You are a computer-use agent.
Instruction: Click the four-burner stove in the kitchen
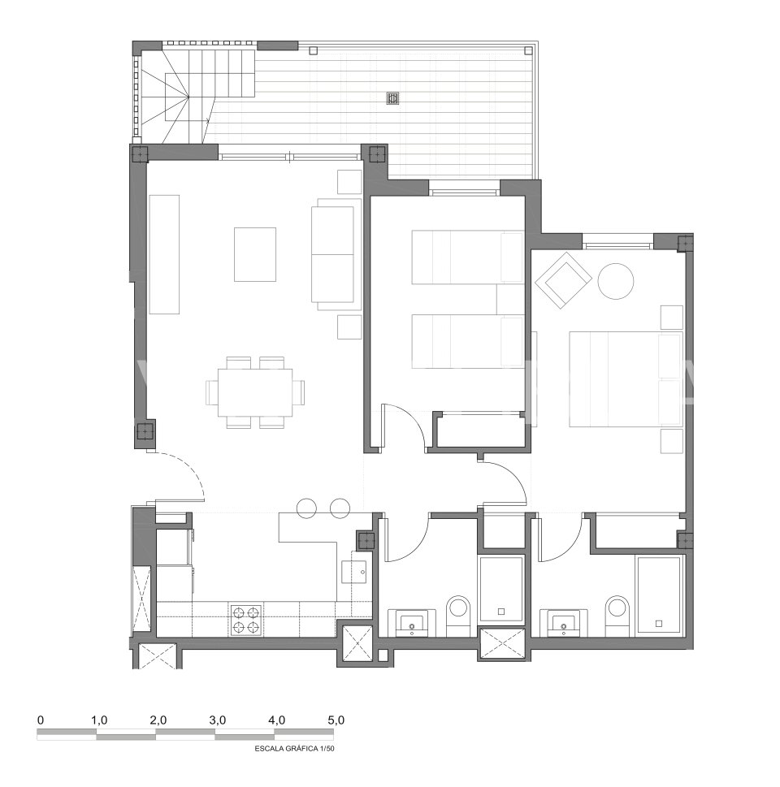tap(247, 619)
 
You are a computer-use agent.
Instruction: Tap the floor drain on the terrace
tap(392, 98)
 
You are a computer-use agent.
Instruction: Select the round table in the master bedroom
tap(616, 282)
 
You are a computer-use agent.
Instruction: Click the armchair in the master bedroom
tap(563, 280)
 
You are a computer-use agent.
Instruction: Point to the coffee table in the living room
tap(254, 254)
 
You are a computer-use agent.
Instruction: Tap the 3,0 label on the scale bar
tap(218, 720)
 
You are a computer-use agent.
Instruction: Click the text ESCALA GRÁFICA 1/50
tap(294, 748)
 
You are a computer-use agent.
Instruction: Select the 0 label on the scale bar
tap(41, 720)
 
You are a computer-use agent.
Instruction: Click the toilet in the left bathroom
tap(457, 614)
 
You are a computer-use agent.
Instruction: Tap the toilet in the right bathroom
tap(617, 614)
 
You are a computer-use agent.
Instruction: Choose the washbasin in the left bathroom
tap(413, 622)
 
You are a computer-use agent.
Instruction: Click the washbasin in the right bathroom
tap(564, 622)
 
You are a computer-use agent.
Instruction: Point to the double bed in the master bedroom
tap(626, 379)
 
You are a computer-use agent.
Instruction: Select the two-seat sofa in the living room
tap(336, 254)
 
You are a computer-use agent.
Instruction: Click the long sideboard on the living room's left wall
tap(164, 254)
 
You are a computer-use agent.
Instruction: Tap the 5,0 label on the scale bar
tap(336, 720)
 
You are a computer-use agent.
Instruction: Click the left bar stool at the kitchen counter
tap(306, 508)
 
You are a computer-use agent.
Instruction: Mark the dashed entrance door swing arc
tap(190, 465)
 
